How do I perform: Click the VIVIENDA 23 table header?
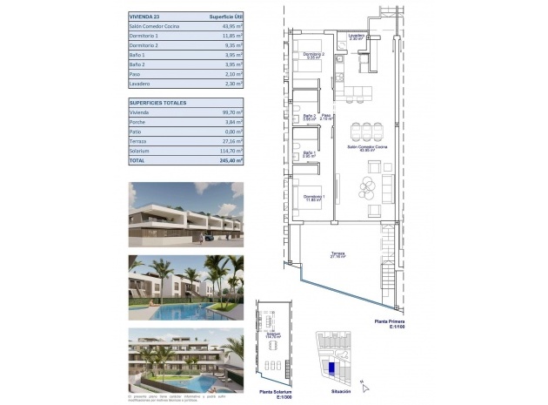click(144, 17)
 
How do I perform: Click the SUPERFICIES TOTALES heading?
click(158, 103)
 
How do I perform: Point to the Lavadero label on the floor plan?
click(356, 37)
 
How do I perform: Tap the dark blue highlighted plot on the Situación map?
click(331, 368)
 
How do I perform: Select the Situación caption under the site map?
click(334, 394)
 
